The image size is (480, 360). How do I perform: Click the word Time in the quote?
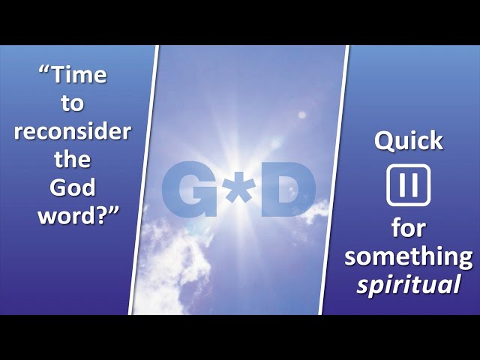(79, 75)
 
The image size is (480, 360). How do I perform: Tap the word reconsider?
(73, 132)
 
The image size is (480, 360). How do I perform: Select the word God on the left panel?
(72, 187)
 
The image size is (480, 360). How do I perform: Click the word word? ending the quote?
(74, 215)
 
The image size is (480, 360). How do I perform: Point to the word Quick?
(409, 141)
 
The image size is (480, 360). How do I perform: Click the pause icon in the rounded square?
(408, 185)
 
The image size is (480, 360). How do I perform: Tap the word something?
(408, 257)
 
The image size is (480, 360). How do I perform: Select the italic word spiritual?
(409, 283)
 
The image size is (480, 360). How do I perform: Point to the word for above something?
(408, 228)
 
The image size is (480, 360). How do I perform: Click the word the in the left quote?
(73, 159)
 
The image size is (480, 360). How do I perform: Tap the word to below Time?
(72, 103)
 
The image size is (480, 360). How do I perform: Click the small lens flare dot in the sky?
(301, 115)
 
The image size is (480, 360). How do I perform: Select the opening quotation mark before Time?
(45, 71)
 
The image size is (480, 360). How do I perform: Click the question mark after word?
(99, 215)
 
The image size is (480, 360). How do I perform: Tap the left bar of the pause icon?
(402, 185)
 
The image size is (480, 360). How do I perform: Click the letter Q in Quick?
(384, 142)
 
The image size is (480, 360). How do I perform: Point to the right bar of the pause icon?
(415, 185)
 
